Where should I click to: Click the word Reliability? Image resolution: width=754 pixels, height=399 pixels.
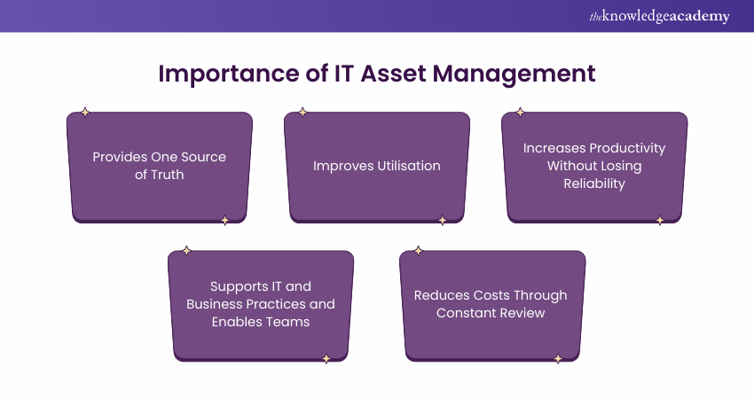pos(594,184)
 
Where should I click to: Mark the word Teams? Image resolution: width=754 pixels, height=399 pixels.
pos(285,322)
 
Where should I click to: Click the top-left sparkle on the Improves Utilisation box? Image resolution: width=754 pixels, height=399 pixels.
pos(302,113)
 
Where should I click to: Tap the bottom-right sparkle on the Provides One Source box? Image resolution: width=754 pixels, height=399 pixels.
pos(224,220)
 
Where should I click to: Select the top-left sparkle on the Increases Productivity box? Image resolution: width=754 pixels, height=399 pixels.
pos(520,113)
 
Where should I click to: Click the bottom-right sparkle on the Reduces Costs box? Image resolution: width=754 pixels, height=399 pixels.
pos(558,359)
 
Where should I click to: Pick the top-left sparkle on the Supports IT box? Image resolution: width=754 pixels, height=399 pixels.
pos(186,251)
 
